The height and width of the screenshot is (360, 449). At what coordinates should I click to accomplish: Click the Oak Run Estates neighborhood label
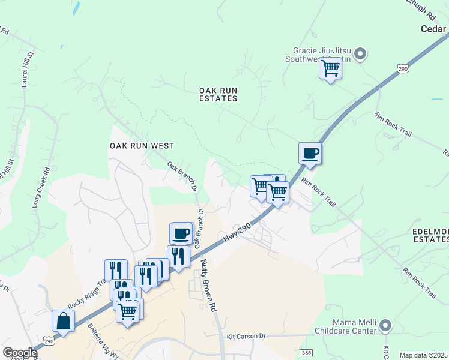coord(219,94)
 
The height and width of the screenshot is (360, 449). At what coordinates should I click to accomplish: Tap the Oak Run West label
coord(142,146)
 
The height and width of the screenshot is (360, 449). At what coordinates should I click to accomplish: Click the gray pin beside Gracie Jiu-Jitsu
coord(360,55)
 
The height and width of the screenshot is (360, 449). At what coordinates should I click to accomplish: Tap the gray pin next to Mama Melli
coord(385,326)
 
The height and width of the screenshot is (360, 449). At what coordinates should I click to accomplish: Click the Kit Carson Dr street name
coord(246,337)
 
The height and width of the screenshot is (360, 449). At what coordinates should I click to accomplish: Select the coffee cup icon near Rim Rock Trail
coord(310,153)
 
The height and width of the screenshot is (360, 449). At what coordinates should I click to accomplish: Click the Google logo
coord(20,353)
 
